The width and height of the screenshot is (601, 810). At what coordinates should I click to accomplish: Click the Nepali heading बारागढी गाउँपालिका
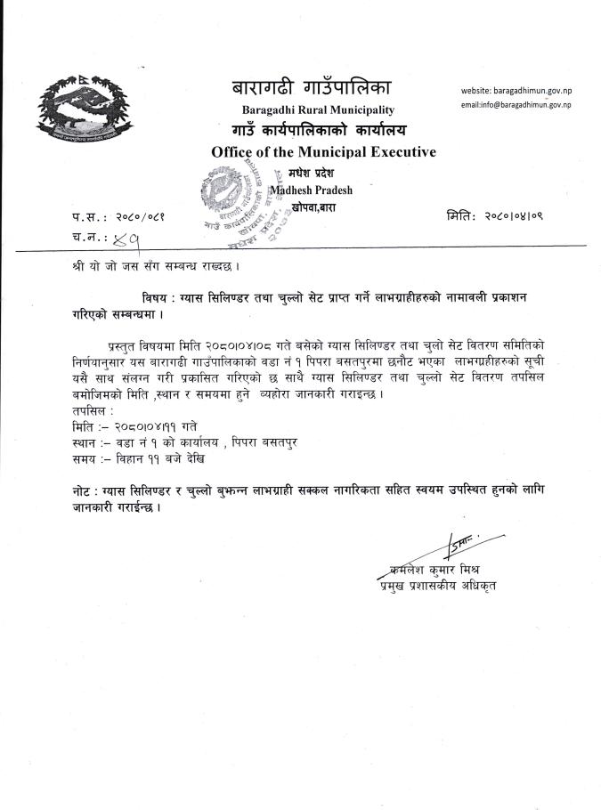[311, 89]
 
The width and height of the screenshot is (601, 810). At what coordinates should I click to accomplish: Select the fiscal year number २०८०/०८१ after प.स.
[143, 217]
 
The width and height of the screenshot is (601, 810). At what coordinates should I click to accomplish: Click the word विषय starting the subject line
[157, 295]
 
